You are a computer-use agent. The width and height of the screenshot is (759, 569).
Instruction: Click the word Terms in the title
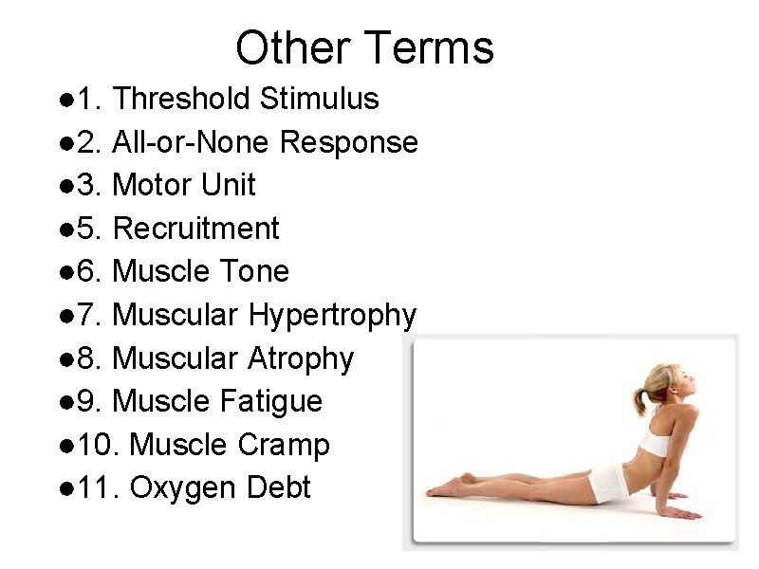pos(430,47)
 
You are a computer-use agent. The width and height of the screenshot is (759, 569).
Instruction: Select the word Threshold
pos(180,99)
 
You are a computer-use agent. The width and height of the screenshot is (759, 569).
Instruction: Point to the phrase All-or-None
pos(193,142)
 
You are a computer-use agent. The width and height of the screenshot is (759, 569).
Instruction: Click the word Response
pos(350,142)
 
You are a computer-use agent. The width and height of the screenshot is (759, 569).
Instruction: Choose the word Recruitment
pos(195,229)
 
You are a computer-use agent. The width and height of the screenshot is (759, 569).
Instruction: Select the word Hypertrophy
pos(332,316)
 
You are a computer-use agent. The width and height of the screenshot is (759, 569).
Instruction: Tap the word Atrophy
pos(301,358)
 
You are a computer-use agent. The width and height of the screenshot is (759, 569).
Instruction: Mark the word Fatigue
pos(270,401)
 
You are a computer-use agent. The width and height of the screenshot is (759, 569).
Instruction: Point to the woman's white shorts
pos(607,485)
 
